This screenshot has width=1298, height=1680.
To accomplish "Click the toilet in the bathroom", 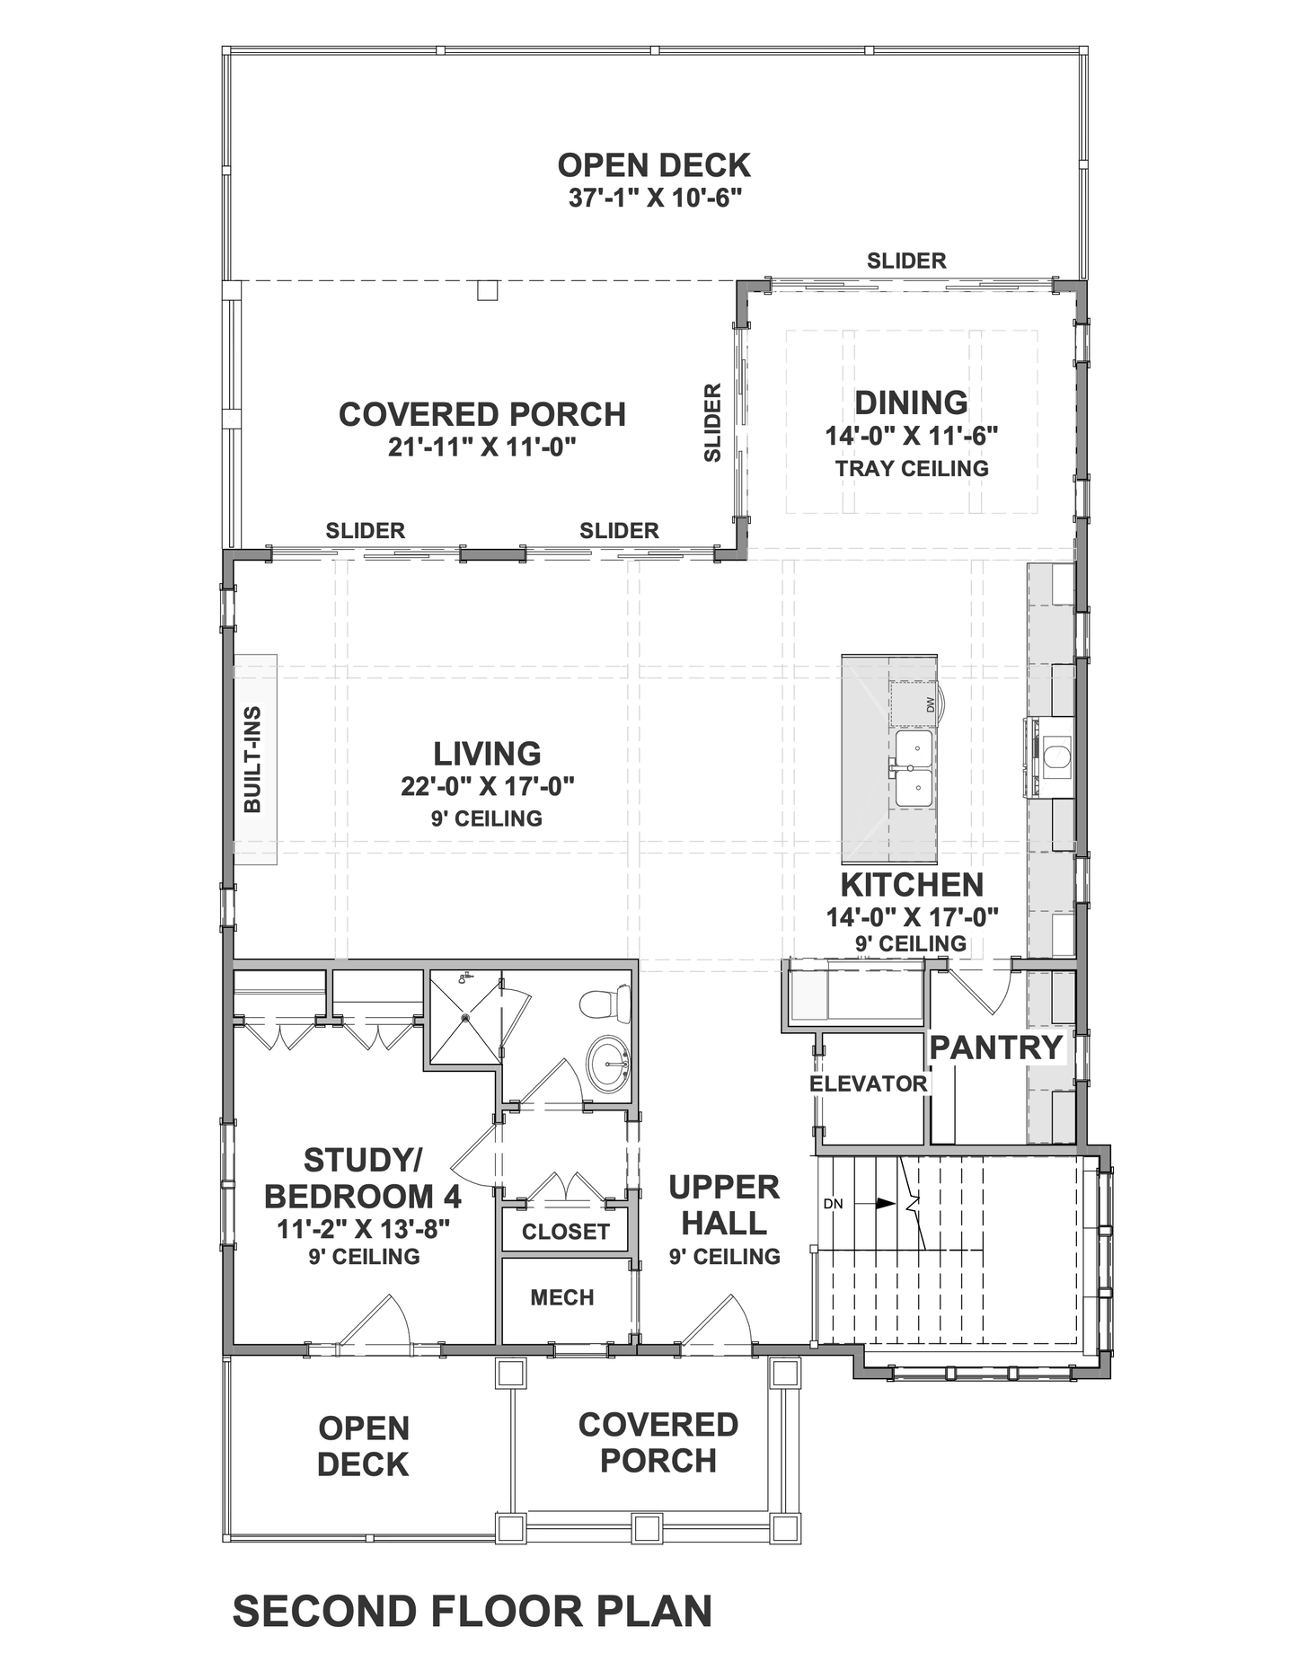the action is pos(605,1004).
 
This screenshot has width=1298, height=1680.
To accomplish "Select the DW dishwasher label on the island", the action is pos(930,704).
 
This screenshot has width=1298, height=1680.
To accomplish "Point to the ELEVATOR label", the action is pos(868,1083).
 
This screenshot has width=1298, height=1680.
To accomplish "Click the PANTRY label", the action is pos(996,1048).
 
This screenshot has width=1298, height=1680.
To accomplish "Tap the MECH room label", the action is pos(562,1297).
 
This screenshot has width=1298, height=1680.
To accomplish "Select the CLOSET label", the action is pos(566,1232).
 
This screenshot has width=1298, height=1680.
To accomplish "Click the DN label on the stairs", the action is pos(833,1204).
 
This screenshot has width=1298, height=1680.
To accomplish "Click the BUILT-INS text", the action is pos(252,760).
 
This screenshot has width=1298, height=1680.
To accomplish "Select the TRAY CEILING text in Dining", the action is pos(912,468).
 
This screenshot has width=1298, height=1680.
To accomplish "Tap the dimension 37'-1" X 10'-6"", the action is pos(655,198).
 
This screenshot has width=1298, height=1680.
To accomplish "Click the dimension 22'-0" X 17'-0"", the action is pos(487,787).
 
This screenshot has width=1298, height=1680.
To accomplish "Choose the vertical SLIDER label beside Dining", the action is pos(713,423).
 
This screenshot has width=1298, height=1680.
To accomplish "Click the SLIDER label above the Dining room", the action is pos(906,261).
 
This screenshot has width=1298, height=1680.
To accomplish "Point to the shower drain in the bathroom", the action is pos(465,1018).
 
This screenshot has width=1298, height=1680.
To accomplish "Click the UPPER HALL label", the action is pos(724,1206).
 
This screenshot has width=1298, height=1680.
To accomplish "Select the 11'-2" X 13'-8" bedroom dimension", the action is pos(363,1229).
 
